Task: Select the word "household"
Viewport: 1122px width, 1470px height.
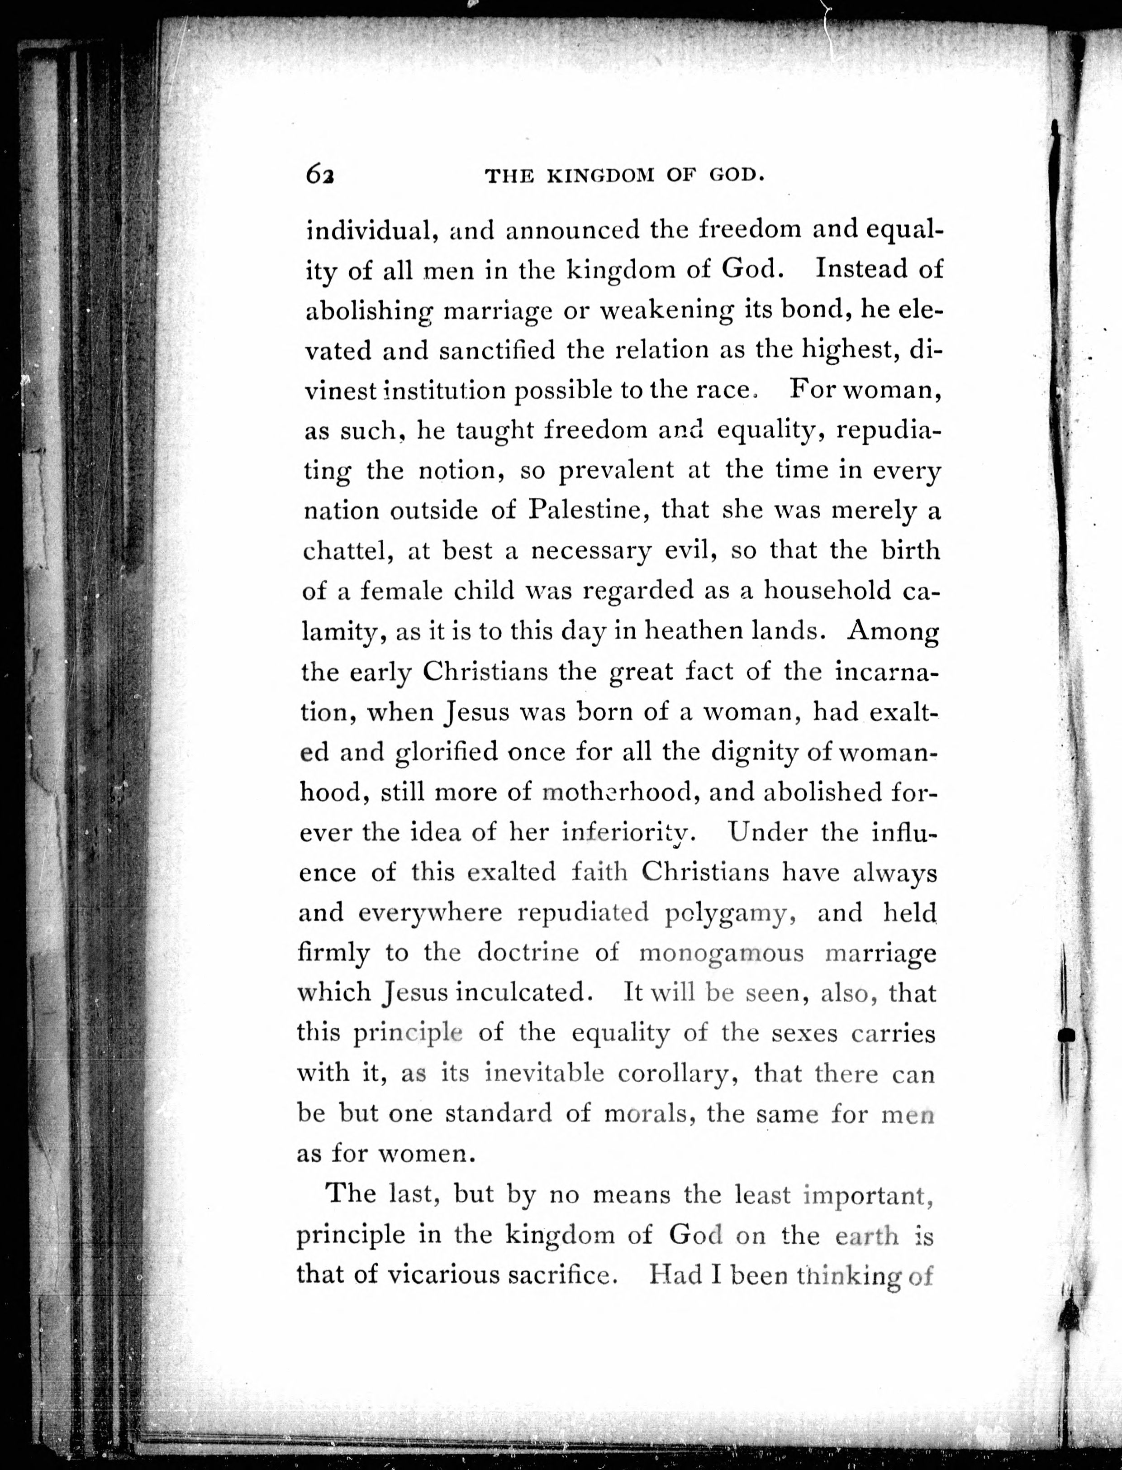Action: [x=827, y=591]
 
